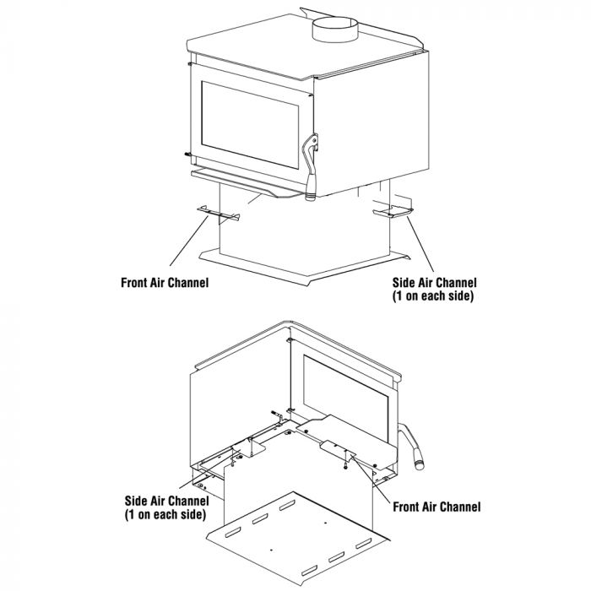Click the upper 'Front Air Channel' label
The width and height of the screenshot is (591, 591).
click(165, 283)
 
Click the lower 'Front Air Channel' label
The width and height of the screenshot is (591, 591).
click(436, 507)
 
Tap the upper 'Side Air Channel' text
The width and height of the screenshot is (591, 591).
click(435, 283)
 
